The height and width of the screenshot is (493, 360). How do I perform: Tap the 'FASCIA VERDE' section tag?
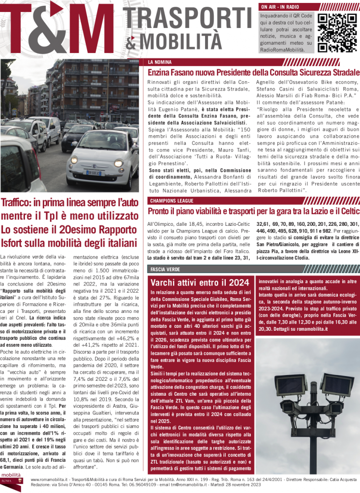pos(165,268)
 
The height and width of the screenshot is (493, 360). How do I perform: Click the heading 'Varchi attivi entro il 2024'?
pos(200,282)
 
